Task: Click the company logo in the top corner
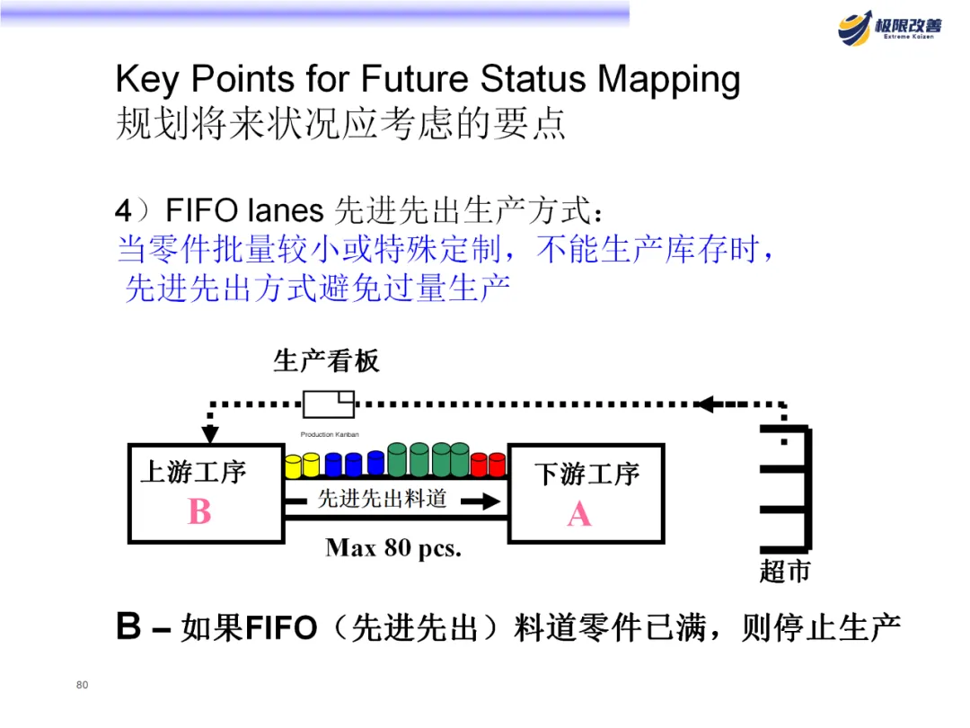(890, 27)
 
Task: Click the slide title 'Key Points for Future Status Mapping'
(428, 80)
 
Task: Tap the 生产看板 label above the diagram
(326, 361)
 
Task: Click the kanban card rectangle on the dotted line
(328, 404)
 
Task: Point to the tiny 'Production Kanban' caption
(330, 434)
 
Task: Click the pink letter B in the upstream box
(199, 512)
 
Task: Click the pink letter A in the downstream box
(579, 514)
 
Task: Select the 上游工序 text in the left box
(192, 472)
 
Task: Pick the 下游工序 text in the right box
(586, 474)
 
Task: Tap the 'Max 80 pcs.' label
(393, 547)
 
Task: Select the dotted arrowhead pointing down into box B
(210, 434)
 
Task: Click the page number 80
(82, 686)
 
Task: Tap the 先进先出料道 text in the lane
(382, 499)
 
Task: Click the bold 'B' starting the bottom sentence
(128, 627)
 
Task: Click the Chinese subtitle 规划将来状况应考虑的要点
(341, 124)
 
